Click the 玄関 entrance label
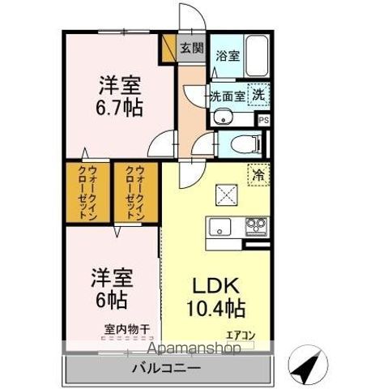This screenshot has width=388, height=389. [191, 48]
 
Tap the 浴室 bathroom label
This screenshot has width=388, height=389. [227, 57]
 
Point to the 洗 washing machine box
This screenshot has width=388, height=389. [258, 93]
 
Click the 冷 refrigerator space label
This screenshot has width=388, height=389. [258, 174]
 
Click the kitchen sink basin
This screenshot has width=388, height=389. [219, 227]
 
